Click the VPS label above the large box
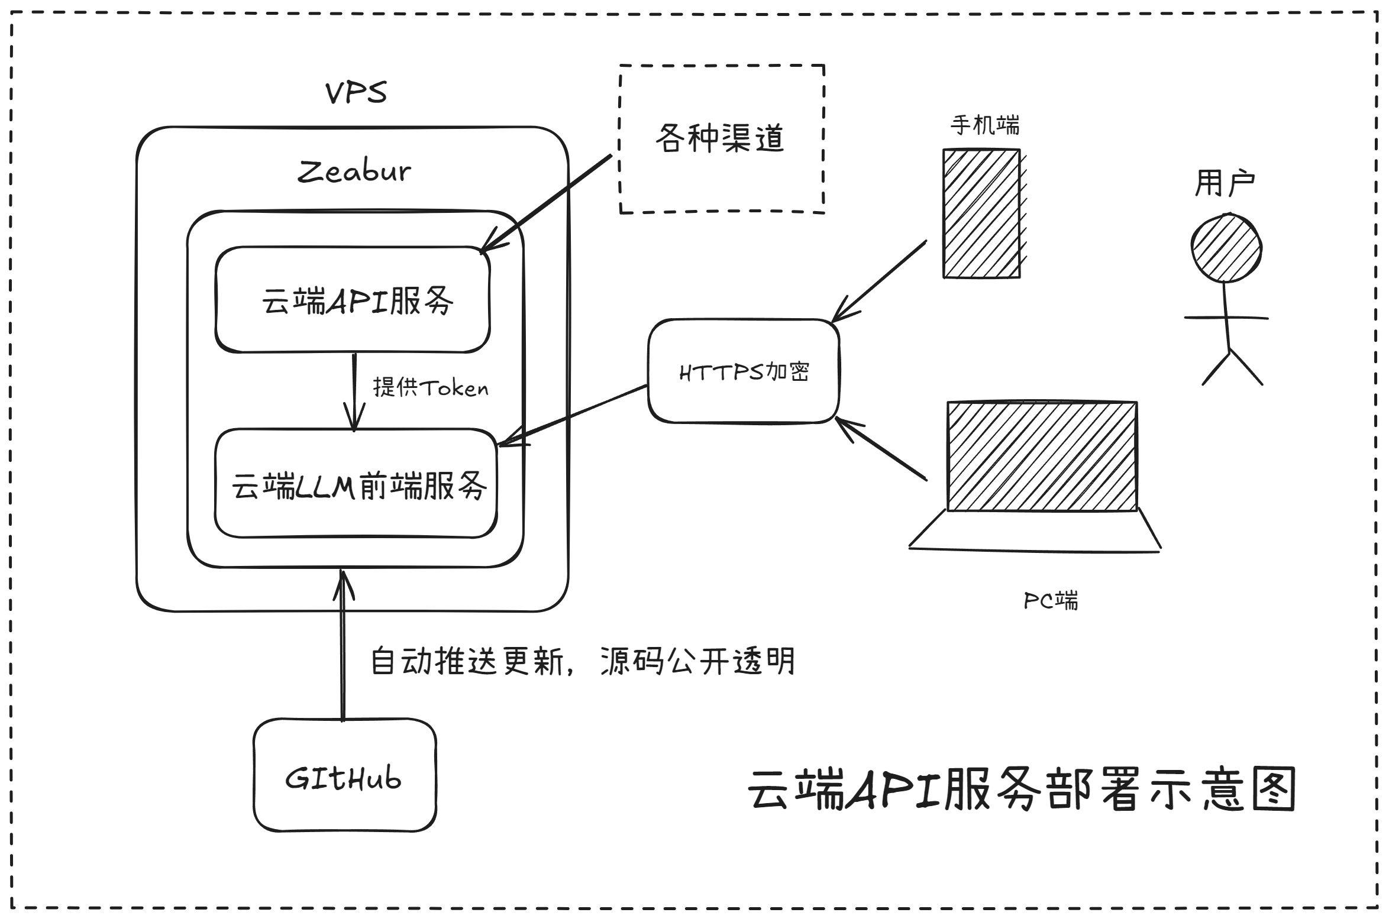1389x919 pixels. coord(356,93)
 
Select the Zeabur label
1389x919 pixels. coord(354,171)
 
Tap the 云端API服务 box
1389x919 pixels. coord(353,300)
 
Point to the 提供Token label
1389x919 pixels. coord(431,388)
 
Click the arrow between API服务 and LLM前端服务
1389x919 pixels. coord(354,390)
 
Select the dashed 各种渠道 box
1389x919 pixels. coord(721,139)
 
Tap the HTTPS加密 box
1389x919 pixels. coord(744,371)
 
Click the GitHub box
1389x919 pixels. coord(344,776)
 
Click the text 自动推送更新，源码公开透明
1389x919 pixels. coord(583,661)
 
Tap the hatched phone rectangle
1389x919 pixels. coord(981,213)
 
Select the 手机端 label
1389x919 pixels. coord(985,125)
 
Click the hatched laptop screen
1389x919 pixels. coord(1042,457)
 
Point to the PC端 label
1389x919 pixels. coord(1051,601)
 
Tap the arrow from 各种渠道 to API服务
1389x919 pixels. coord(547,202)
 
